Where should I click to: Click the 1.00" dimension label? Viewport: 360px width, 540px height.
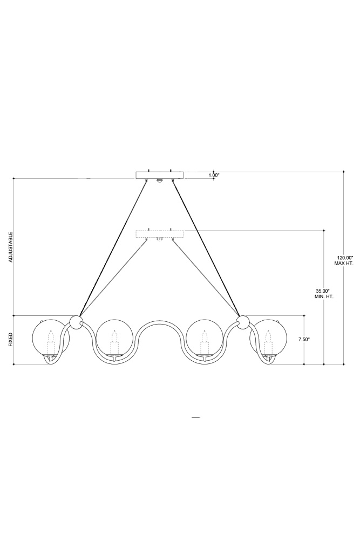click(x=214, y=175)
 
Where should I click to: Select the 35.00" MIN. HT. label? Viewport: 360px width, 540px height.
click(x=323, y=293)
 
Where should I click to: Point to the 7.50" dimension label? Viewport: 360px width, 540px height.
click(x=304, y=339)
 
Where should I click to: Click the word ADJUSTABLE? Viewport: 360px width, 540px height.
click(x=11, y=247)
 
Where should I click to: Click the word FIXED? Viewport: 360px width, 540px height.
click(x=11, y=339)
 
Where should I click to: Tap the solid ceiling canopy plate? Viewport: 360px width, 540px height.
click(x=159, y=175)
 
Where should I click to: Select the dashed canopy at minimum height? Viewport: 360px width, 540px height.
click(x=159, y=234)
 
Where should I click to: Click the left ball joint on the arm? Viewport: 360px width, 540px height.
click(x=76, y=322)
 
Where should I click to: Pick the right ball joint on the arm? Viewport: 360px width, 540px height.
click(x=243, y=322)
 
